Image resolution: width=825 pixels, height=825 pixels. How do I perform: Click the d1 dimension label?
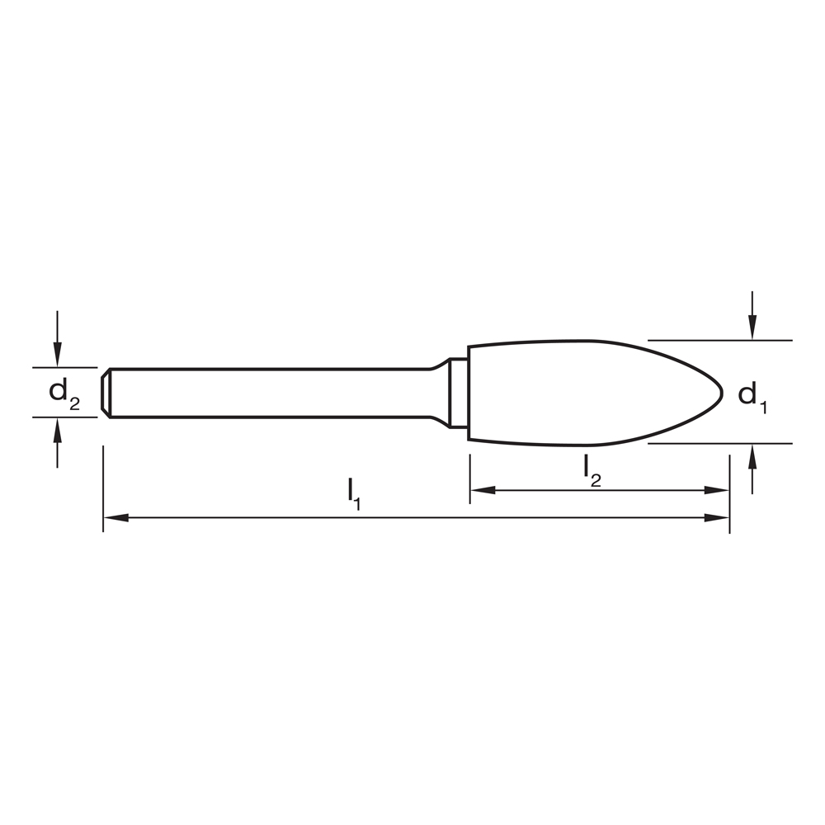(x=752, y=396)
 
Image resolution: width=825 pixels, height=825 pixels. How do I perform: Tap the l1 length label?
(x=353, y=492)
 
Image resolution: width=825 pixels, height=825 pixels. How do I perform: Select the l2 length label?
(x=592, y=468)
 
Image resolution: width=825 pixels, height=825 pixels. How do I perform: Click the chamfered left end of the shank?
(x=106, y=393)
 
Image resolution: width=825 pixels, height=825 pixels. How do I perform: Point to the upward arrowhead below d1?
(x=752, y=455)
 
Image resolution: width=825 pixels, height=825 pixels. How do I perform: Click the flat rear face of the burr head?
(x=469, y=393)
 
